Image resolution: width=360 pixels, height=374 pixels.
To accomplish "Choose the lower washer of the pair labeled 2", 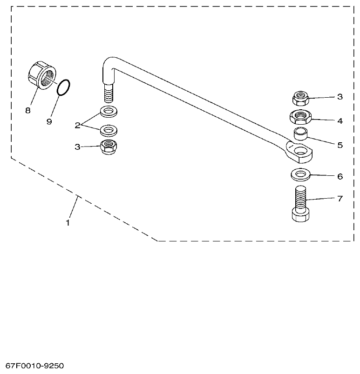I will (x=108, y=129).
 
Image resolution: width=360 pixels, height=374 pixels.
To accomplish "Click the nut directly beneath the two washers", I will (x=108, y=147).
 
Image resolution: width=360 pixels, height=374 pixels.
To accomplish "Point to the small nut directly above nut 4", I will (x=300, y=98).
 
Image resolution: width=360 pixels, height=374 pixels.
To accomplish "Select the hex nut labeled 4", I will (x=300, y=116).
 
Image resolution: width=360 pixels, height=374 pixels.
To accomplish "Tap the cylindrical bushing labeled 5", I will (x=300, y=134).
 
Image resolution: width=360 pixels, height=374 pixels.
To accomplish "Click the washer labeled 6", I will (x=300, y=174).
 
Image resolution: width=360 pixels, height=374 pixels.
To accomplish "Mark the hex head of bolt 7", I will (x=300, y=215).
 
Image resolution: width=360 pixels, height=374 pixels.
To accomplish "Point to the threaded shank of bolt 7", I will (x=300, y=198).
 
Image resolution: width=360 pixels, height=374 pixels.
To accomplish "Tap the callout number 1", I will (x=68, y=223).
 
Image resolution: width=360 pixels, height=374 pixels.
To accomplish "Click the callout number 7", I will (x=340, y=199).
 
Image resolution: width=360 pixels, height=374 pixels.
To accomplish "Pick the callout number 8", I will (x=28, y=111).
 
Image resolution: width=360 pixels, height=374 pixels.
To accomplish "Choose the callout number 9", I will (x=49, y=121).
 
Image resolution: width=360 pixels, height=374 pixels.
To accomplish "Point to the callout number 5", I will (x=340, y=145).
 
